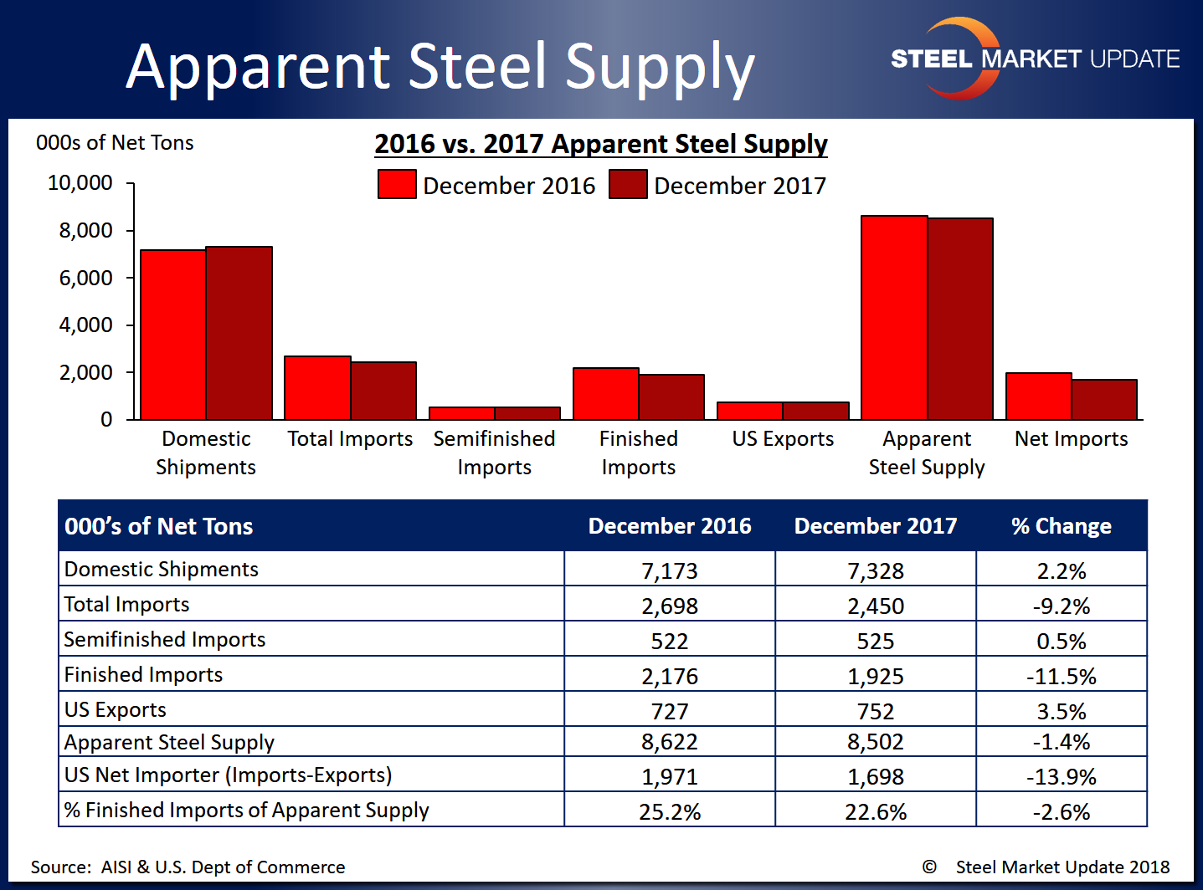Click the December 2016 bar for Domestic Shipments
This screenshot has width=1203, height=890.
coord(173,335)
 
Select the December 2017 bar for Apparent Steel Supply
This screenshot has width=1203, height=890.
coord(960,319)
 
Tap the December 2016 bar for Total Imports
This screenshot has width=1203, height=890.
coord(317,388)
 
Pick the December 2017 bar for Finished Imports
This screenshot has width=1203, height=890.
coord(671,397)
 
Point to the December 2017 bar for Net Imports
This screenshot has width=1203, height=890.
coord(1104,400)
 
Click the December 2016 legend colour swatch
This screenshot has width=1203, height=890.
coord(397,184)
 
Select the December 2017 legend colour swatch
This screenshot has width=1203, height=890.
coord(628,184)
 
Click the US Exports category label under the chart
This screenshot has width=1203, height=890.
coord(783,439)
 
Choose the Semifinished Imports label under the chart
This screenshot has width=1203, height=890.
coord(494,453)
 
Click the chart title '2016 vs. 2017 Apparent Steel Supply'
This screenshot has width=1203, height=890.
coord(600,144)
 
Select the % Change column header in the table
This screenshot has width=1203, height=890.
coord(1061,526)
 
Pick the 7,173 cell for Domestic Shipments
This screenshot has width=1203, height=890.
coord(670,570)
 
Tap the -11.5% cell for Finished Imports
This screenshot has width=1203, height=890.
coord(1061,676)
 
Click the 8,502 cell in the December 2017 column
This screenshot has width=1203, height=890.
coord(876,742)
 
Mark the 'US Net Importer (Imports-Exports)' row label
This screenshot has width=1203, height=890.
coord(228,775)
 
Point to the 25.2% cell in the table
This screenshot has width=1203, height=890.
coord(670,811)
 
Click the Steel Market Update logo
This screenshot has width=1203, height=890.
coord(1035,59)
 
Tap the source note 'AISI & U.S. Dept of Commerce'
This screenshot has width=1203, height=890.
coord(223,867)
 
